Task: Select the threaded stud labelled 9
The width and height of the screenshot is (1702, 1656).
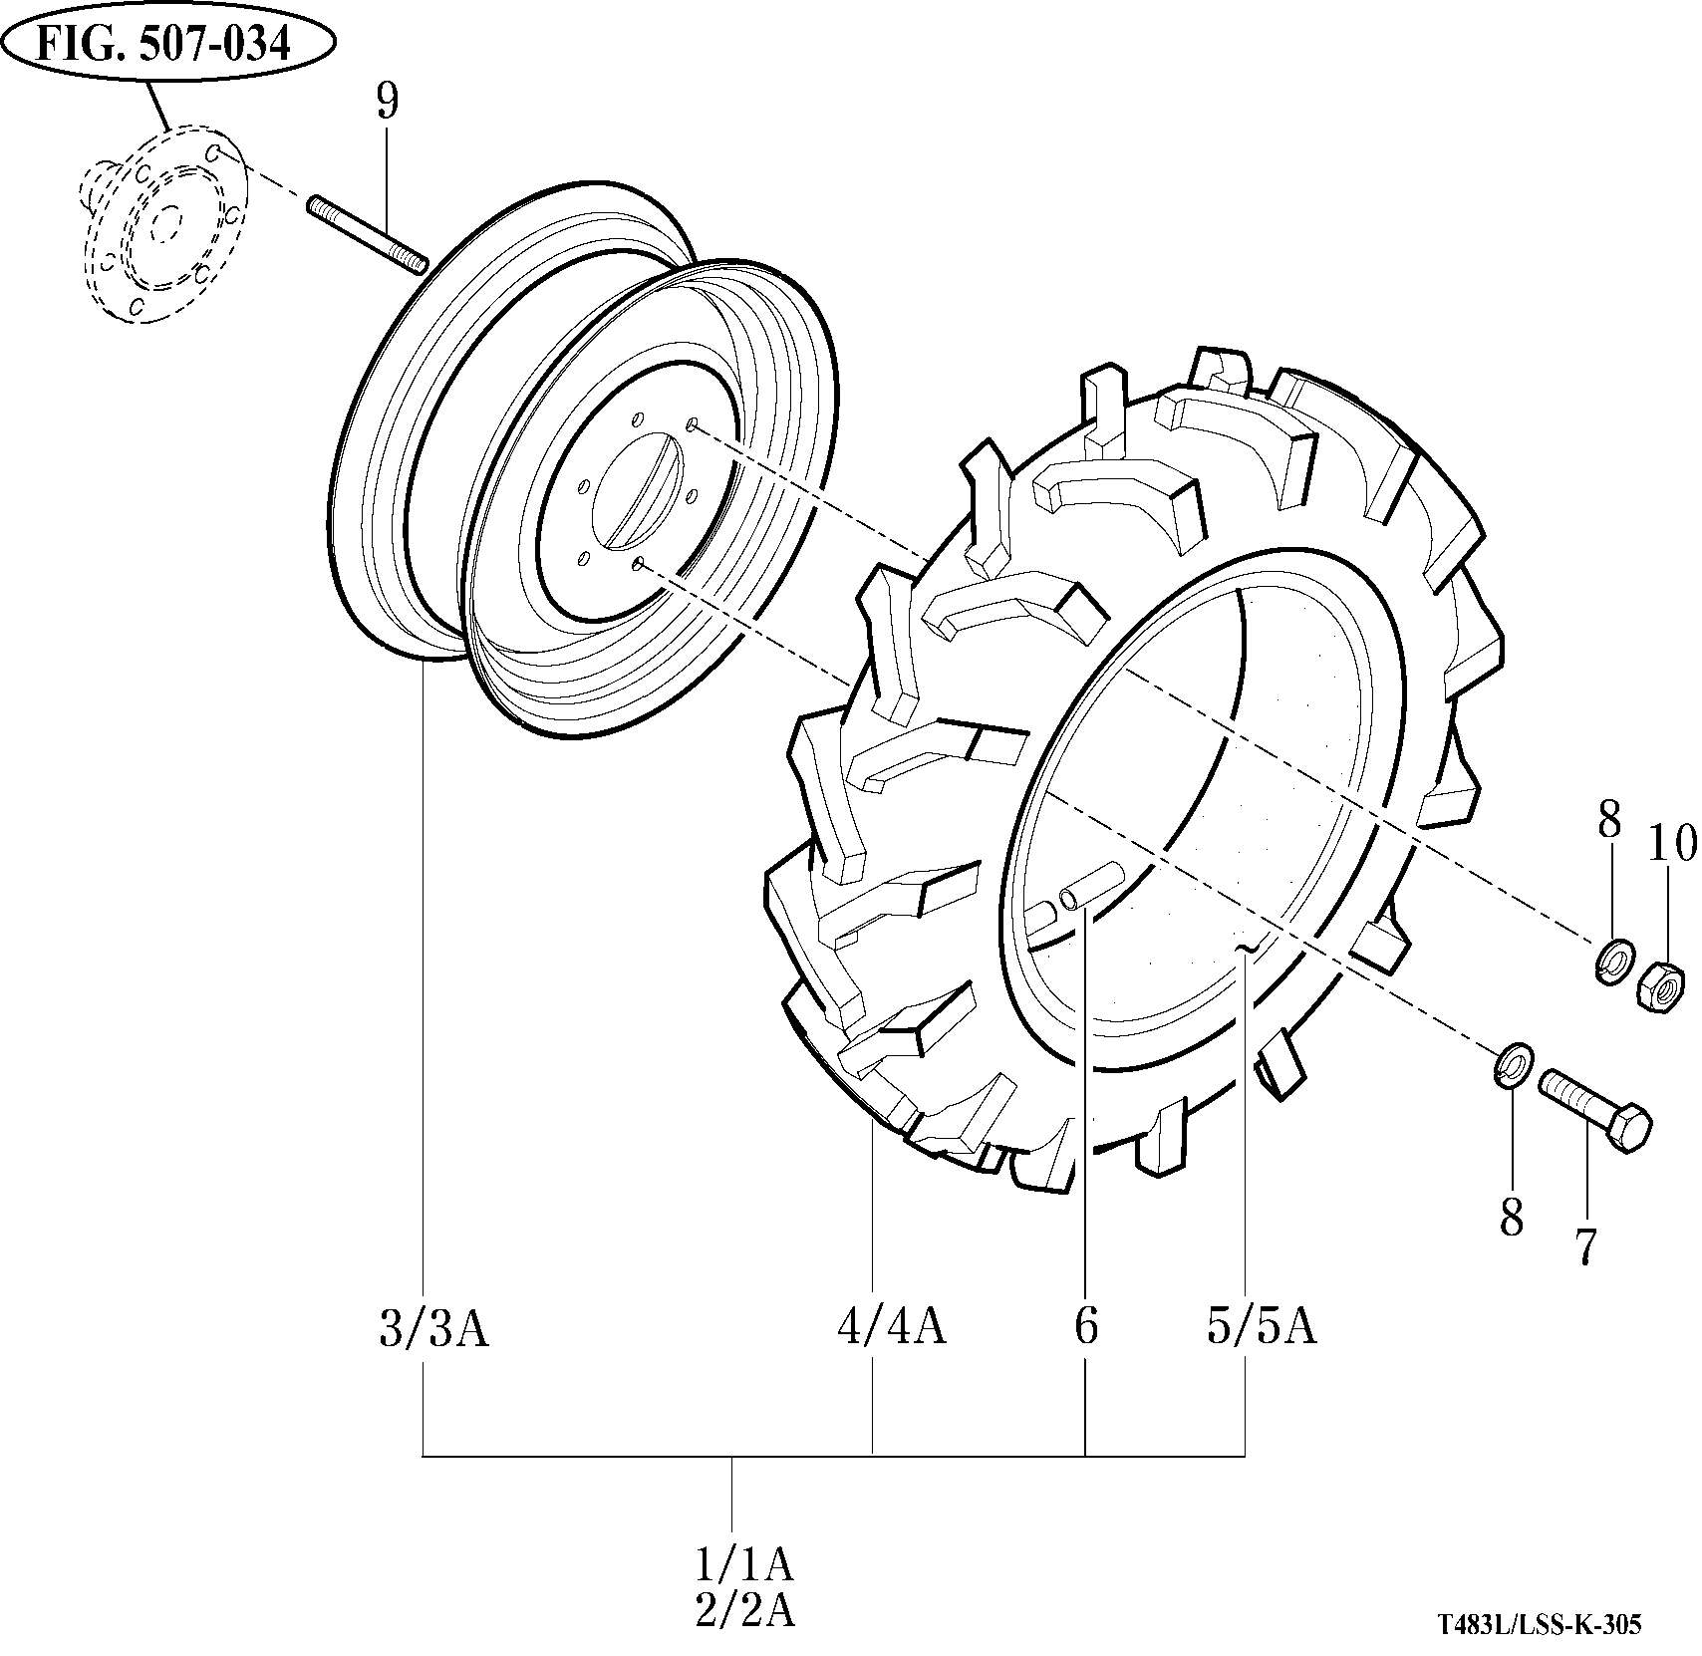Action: click(x=369, y=235)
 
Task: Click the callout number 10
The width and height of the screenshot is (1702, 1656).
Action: click(x=1671, y=845)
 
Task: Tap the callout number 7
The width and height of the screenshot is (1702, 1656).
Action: click(x=1585, y=1245)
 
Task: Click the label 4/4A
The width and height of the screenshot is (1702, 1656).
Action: click(x=891, y=1326)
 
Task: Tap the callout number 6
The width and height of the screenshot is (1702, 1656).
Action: click(x=1085, y=1326)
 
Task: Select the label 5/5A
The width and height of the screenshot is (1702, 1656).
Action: click(x=1262, y=1326)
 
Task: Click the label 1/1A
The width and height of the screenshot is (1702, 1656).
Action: click(x=744, y=1565)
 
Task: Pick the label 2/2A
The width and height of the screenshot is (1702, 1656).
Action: click(x=744, y=1610)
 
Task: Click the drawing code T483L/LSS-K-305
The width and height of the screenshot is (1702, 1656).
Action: click(x=1539, y=1624)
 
